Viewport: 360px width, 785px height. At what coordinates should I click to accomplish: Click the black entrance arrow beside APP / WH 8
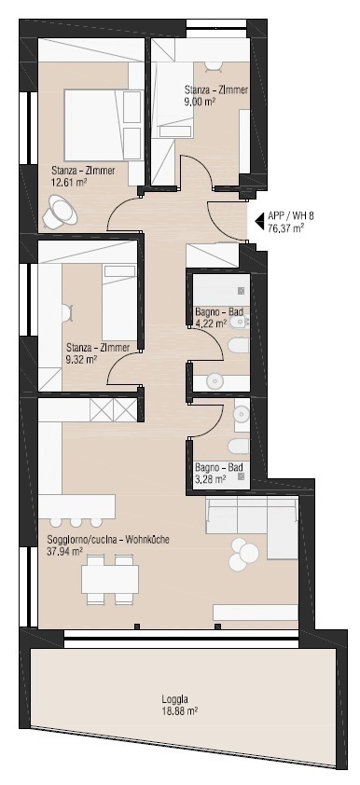click(x=260, y=220)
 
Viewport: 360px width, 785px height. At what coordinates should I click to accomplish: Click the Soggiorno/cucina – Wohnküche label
click(x=108, y=541)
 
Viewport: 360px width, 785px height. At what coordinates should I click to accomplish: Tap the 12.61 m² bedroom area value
click(x=69, y=182)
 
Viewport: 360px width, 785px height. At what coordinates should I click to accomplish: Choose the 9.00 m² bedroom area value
click(x=201, y=101)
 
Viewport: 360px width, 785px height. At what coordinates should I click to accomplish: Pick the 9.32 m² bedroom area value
click(x=82, y=358)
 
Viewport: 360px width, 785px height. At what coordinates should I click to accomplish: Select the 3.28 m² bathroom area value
click(x=210, y=478)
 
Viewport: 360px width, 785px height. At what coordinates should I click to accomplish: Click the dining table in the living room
click(x=111, y=579)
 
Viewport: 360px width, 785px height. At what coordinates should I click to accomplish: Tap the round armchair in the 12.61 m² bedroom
click(x=60, y=212)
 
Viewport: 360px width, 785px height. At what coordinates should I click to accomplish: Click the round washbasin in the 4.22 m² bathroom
click(x=215, y=381)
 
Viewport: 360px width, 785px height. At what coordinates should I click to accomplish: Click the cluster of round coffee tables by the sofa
click(x=243, y=554)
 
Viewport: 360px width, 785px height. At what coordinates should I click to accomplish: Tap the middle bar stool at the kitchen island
click(x=76, y=522)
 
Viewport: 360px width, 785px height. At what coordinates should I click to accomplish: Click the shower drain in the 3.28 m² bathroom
click(x=242, y=477)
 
